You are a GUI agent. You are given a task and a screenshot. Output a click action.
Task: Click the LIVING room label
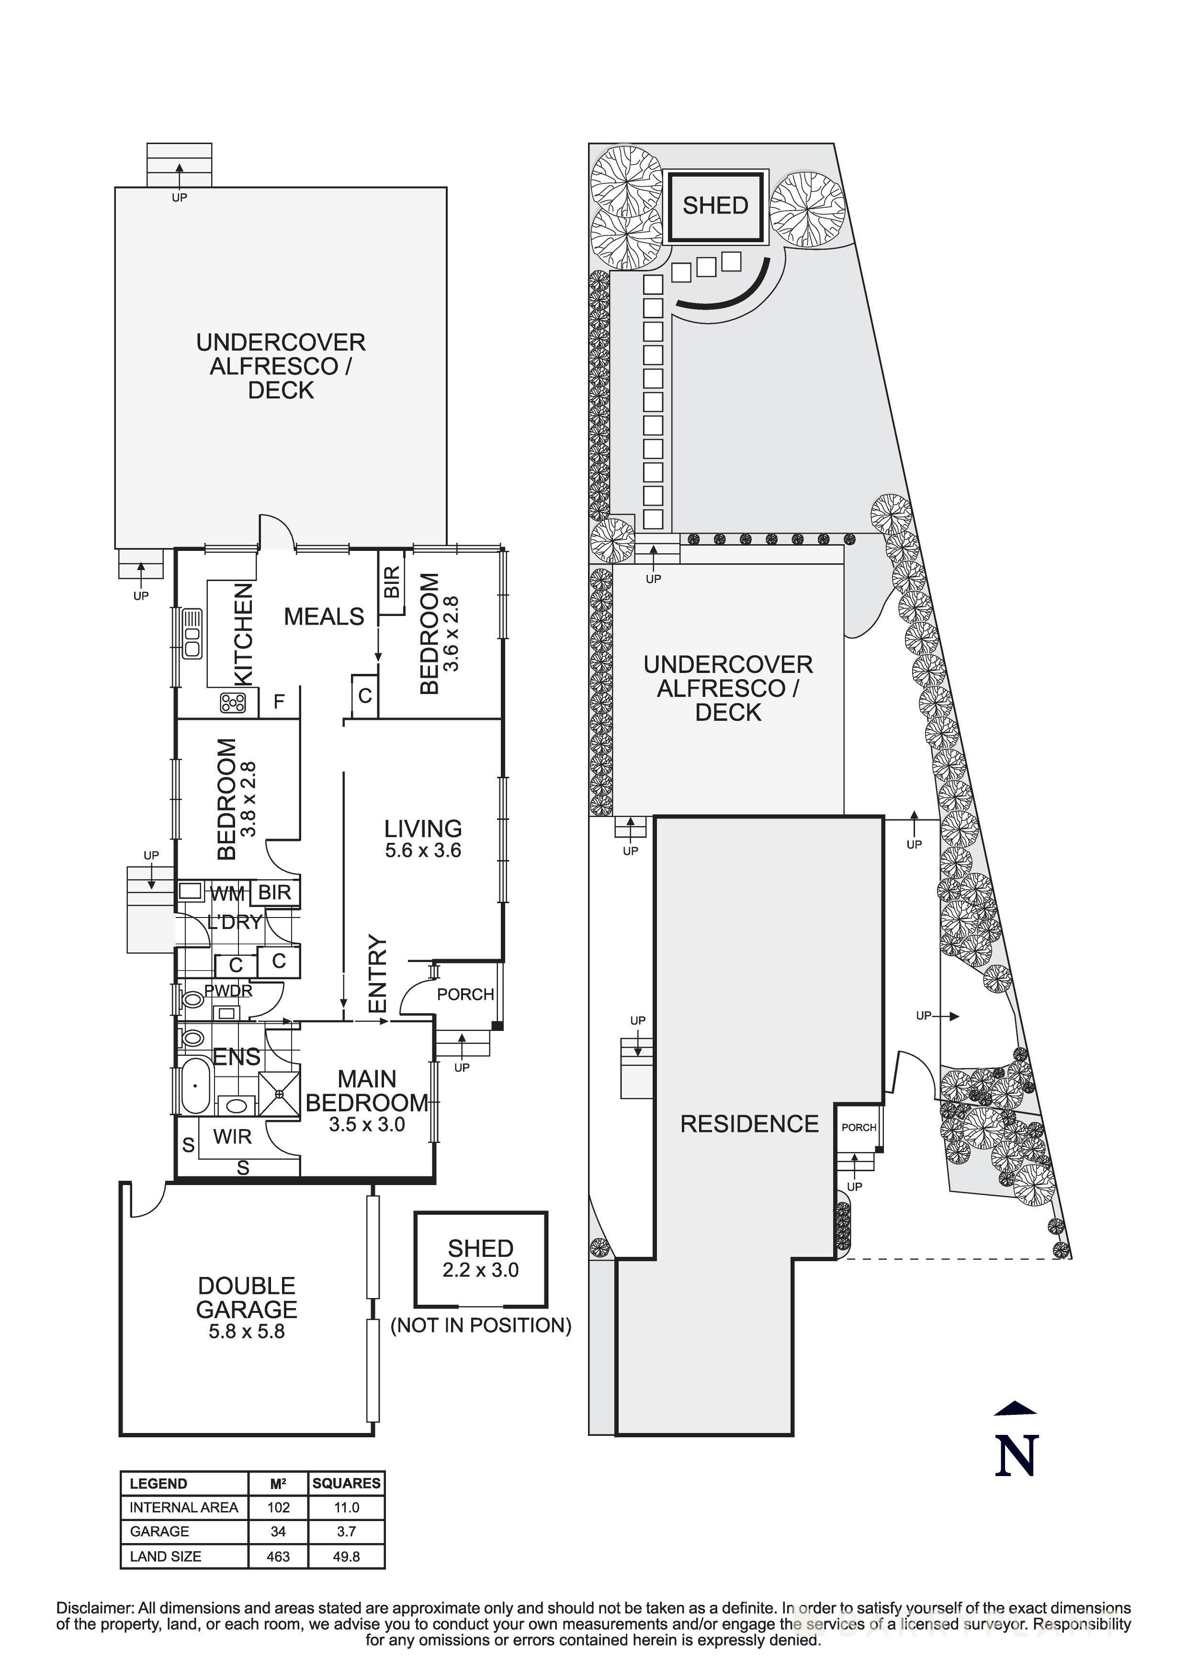click(423, 828)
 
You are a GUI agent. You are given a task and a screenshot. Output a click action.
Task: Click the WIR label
click(233, 1136)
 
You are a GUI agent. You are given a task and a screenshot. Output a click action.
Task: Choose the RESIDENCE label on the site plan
click(750, 1124)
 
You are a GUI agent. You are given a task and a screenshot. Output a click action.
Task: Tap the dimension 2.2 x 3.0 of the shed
click(481, 1269)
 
